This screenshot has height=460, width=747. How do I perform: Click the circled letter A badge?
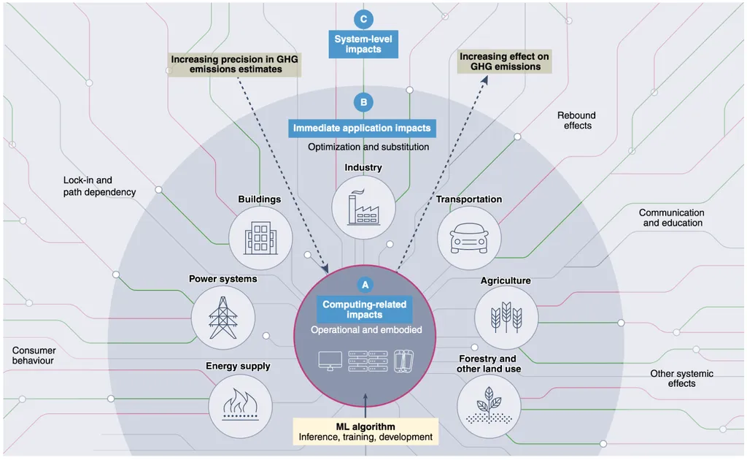(364, 285)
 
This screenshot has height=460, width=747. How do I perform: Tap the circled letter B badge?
(363, 102)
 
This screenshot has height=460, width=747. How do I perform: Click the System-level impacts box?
(363, 44)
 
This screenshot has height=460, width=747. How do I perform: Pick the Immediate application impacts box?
(362, 129)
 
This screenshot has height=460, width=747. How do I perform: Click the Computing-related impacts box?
(364, 309)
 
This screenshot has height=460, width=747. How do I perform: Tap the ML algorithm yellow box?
(365, 432)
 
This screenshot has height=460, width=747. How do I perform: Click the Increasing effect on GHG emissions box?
(505, 61)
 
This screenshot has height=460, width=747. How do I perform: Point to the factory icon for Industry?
(363, 207)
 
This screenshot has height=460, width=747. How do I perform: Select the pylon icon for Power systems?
(222, 317)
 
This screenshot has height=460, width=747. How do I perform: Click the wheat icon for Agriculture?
(506, 316)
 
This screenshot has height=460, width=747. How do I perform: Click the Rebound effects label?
(577, 120)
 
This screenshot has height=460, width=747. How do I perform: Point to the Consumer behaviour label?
(34, 356)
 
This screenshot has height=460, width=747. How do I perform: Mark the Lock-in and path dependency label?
(99, 186)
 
